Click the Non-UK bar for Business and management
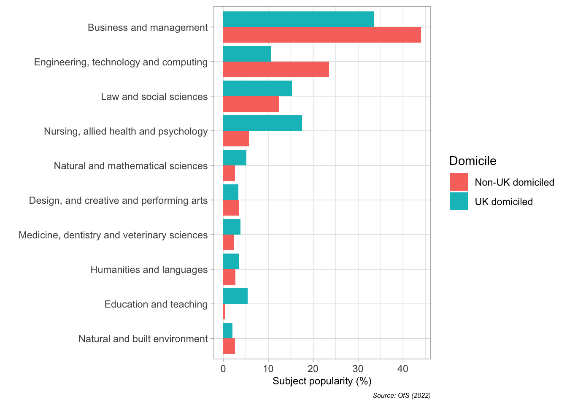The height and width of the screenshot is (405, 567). (x=322, y=35)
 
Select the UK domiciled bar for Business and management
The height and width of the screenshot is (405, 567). (x=298, y=19)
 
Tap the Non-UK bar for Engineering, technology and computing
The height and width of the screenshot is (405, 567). (x=276, y=69)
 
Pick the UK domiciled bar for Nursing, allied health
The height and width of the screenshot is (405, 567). (x=262, y=123)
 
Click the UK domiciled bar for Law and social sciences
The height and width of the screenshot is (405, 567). (x=257, y=88)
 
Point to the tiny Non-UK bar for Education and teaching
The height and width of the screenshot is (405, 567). (x=224, y=311)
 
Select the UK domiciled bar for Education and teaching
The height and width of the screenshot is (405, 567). (x=235, y=296)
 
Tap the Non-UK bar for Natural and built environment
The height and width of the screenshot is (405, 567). (x=229, y=346)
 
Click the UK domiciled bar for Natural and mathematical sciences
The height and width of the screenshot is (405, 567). (x=235, y=158)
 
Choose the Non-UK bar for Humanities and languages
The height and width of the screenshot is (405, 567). (x=229, y=277)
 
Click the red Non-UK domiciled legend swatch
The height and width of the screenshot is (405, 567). (x=459, y=182)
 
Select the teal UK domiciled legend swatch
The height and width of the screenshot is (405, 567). (x=459, y=201)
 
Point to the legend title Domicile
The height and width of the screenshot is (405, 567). (x=472, y=161)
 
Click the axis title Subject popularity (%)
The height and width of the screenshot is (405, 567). (x=322, y=381)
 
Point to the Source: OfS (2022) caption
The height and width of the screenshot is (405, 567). (x=402, y=396)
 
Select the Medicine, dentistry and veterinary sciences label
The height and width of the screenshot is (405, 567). (x=113, y=235)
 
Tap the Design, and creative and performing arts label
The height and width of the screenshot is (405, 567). (x=118, y=200)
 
